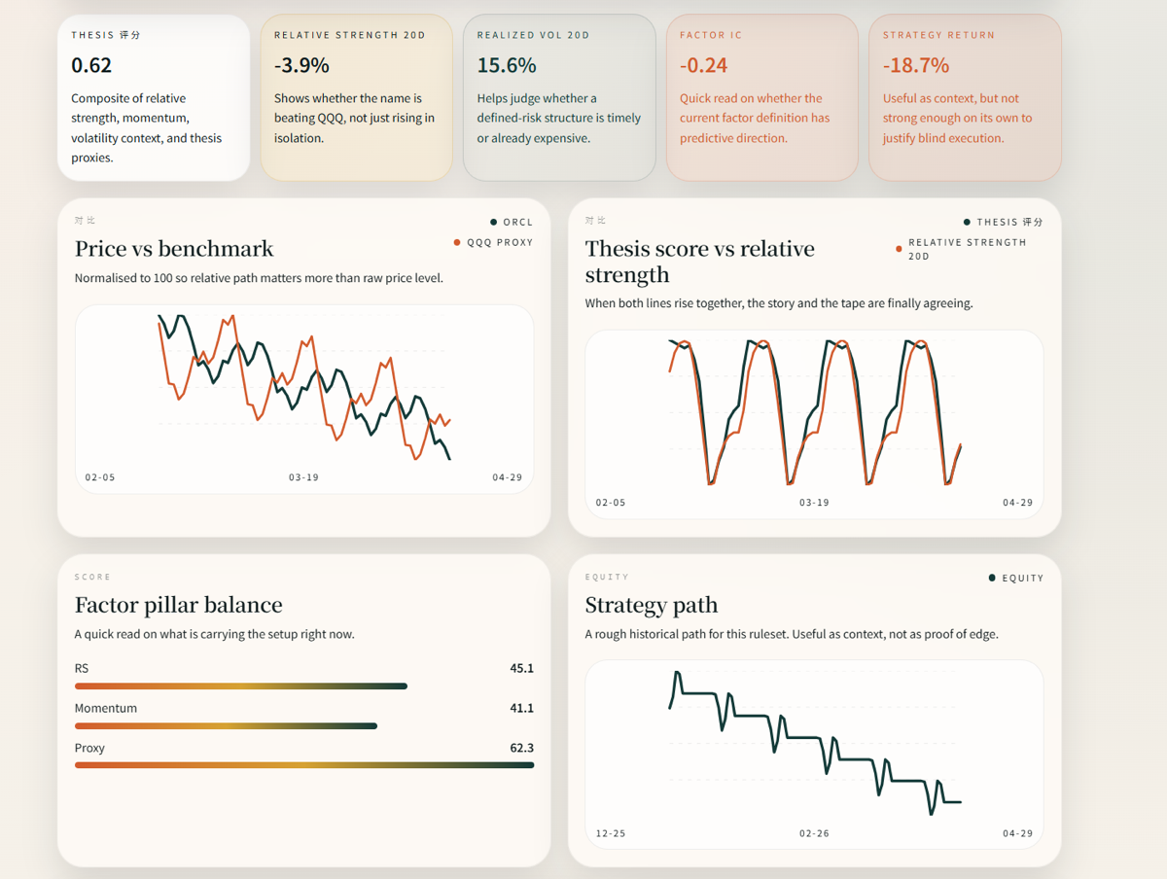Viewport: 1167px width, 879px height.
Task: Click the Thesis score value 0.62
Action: pyautogui.click(x=91, y=65)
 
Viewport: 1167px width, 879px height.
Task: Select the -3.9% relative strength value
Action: pyautogui.click(x=301, y=65)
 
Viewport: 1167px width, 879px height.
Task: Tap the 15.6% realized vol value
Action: pyautogui.click(x=507, y=65)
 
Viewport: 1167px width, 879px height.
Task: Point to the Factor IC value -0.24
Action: pyautogui.click(x=704, y=65)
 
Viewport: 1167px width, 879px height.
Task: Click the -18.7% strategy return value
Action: pyautogui.click(x=916, y=65)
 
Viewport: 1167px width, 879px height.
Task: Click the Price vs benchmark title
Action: pyautogui.click(x=174, y=248)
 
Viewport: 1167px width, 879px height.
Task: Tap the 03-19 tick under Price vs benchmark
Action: pyautogui.click(x=303, y=477)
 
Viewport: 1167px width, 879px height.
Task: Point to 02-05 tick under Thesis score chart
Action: pyautogui.click(x=611, y=503)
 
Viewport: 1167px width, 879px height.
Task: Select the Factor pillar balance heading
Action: pyautogui.click(x=178, y=605)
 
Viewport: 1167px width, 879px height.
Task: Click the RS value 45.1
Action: pyautogui.click(x=521, y=668)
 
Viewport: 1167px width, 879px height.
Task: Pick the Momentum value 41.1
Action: pyautogui.click(x=521, y=708)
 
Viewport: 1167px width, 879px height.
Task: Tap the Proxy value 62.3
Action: pyautogui.click(x=521, y=748)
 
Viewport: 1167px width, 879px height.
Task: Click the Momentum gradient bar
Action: pyautogui.click(x=226, y=725)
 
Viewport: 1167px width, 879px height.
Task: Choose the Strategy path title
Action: pyautogui.click(x=651, y=605)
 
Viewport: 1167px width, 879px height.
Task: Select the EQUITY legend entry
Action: pyautogui.click(x=1021, y=578)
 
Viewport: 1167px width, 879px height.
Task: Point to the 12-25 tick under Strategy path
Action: pyautogui.click(x=611, y=833)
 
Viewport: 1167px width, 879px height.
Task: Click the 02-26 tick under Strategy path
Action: pyautogui.click(x=814, y=833)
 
